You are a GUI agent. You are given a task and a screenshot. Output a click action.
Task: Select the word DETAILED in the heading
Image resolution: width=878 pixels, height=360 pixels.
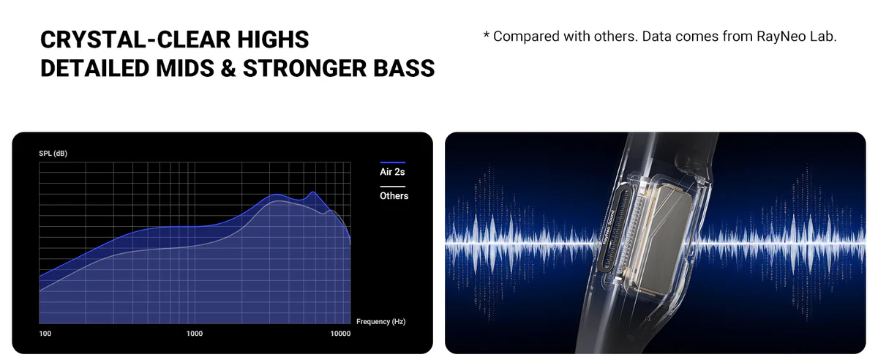[95, 68]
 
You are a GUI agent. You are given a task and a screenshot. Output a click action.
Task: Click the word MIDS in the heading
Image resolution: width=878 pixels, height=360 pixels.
[185, 68]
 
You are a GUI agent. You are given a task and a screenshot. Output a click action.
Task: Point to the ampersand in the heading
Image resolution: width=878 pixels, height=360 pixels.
[228, 68]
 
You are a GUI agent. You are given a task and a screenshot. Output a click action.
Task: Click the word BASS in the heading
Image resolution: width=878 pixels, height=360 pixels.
[404, 68]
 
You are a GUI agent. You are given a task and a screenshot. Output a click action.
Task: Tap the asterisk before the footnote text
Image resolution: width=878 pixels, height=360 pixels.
[487, 34]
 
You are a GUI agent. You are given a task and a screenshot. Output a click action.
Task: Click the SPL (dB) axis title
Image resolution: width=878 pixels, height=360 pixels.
[53, 154]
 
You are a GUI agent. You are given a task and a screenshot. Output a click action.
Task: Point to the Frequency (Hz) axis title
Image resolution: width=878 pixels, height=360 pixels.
[381, 321]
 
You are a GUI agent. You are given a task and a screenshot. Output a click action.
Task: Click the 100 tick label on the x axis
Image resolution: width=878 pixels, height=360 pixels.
[45, 334]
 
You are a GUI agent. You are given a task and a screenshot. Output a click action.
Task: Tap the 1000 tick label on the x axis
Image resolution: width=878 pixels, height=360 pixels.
[195, 334]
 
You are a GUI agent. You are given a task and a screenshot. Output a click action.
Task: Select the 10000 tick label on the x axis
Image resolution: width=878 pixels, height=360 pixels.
[340, 334]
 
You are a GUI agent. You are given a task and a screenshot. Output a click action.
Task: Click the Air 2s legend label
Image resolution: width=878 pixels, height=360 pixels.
[392, 172]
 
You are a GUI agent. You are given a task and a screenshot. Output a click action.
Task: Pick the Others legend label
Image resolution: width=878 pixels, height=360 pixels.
[394, 195]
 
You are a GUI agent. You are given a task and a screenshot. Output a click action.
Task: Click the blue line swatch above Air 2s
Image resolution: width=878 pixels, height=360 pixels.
[393, 162]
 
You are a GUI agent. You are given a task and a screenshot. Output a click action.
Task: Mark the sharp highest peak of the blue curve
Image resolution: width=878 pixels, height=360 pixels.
[313, 192]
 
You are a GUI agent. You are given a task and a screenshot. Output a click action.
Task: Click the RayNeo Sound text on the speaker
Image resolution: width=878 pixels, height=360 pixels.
[607, 228]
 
